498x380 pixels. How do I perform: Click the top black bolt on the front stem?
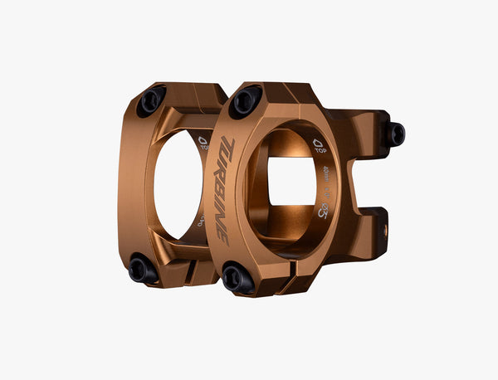click(x=245, y=101)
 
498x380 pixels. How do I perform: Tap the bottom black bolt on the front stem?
click(x=237, y=279)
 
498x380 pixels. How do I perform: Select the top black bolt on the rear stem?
click(x=152, y=100)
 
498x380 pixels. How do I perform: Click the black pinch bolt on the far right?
click(x=395, y=134)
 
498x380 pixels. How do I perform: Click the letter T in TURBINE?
click(x=229, y=148)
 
